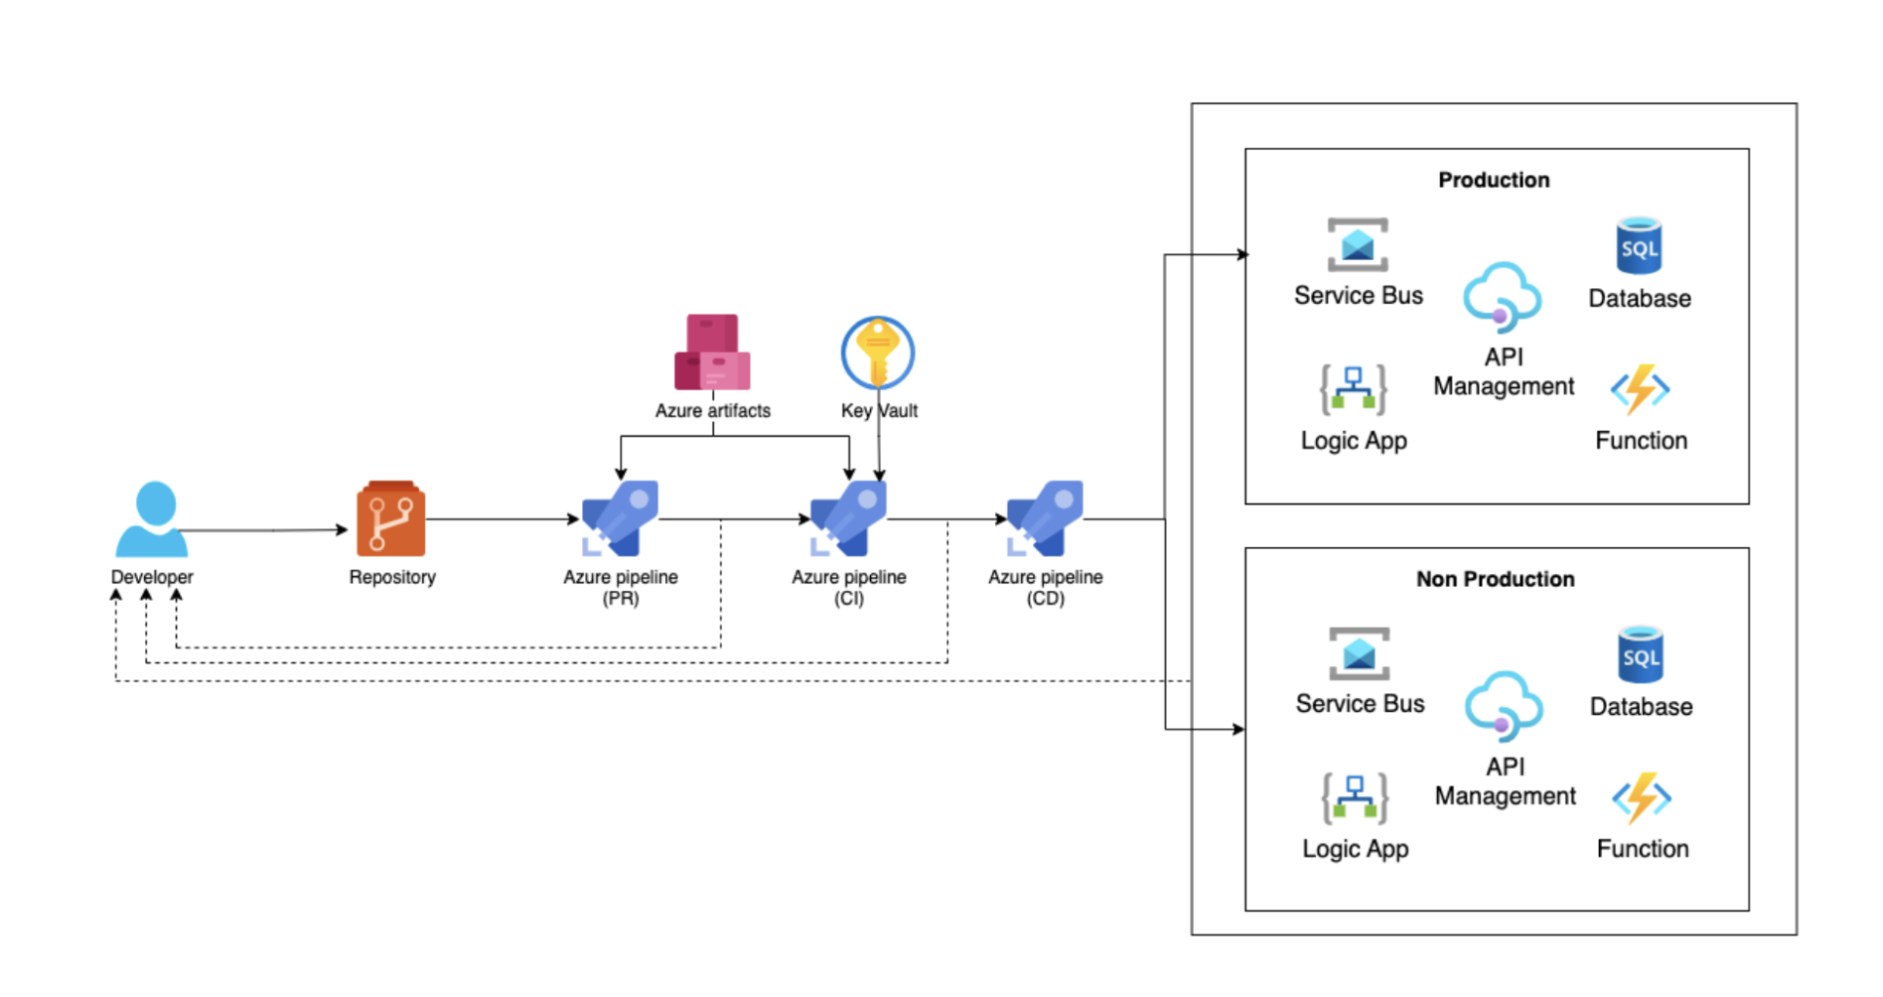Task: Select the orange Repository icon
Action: click(x=390, y=518)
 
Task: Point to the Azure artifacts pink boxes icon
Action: click(x=712, y=353)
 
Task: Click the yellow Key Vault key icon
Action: click(x=877, y=353)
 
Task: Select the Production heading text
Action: click(x=1494, y=180)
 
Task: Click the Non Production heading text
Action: click(x=1495, y=579)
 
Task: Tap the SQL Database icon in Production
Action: click(x=1639, y=245)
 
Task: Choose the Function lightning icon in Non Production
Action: click(x=1642, y=797)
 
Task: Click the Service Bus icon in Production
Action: click(x=1358, y=245)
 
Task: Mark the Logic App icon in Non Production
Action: click(x=1355, y=797)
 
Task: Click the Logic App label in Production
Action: click(x=1354, y=441)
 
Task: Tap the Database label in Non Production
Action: click(x=1641, y=707)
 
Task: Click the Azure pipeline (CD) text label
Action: click(x=1046, y=587)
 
